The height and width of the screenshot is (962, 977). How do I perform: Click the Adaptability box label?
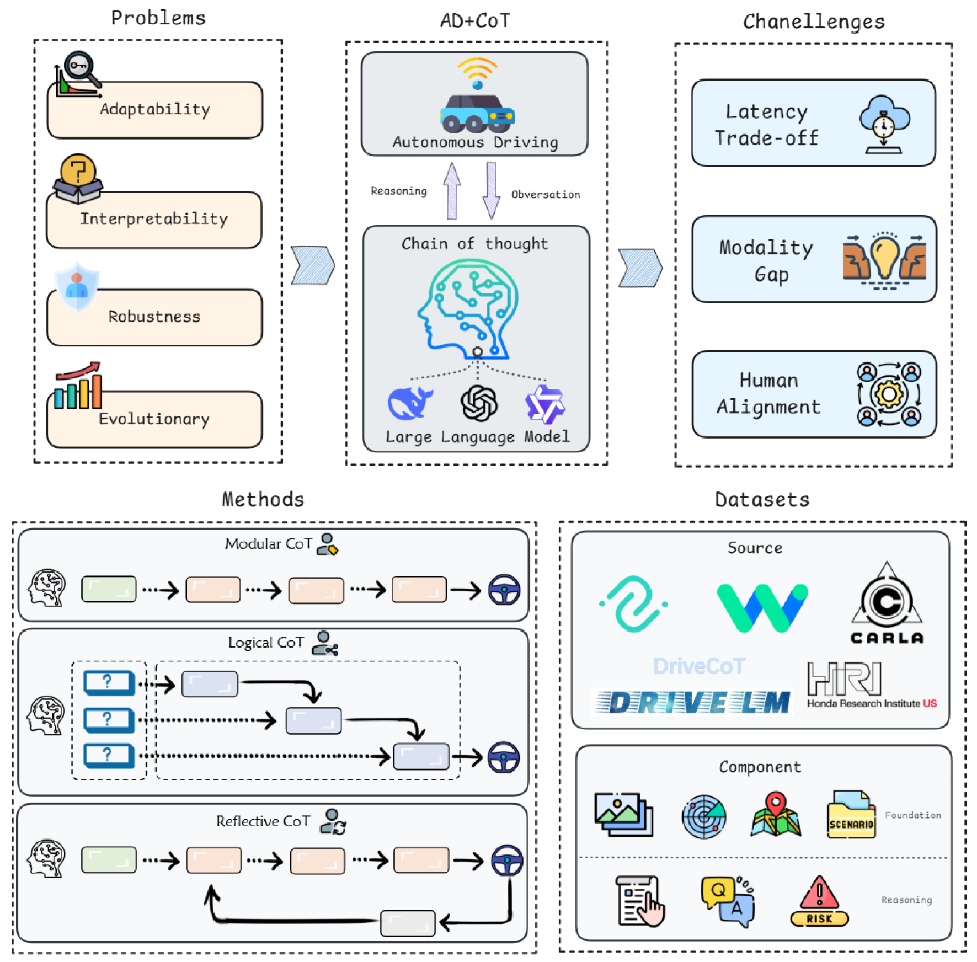pyautogui.click(x=155, y=109)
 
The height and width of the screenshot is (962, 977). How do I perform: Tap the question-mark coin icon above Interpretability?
pyautogui.click(x=78, y=170)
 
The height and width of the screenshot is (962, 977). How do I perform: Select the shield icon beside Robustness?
pyautogui.click(x=77, y=287)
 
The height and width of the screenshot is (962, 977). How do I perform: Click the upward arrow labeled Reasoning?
pyautogui.click(x=452, y=191)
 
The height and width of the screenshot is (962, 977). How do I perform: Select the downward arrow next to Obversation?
pyautogui.click(x=491, y=191)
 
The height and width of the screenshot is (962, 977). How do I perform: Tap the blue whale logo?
pyautogui.click(x=410, y=403)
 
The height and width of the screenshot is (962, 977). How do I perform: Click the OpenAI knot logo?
pyautogui.click(x=479, y=403)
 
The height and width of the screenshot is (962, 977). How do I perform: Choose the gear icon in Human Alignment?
pyautogui.click(x=889, y=394)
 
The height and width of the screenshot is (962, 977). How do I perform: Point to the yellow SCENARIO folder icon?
pyautogui.click(x=851, y=815)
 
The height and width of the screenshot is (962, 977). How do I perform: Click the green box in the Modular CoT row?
pyautogui.click(x=109, y=590)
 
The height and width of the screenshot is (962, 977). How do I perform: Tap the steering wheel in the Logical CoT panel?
pyautogui.click(x=504, y=757)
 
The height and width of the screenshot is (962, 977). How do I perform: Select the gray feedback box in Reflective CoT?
pyautogui.click(x=408, y=923)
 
